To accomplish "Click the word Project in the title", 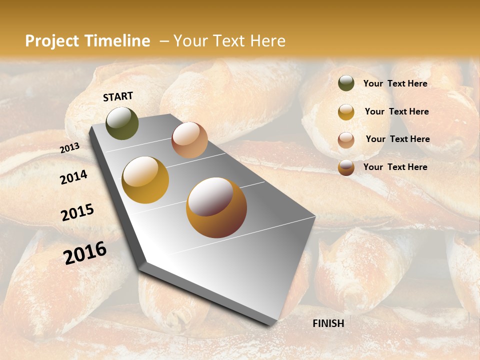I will (52, 41).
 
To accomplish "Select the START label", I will (118, 96).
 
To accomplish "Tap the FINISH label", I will (328, 323).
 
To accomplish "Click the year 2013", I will (69, 148).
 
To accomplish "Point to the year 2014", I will (73, 177).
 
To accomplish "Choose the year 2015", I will (77, 212).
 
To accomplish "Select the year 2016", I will (85, 253).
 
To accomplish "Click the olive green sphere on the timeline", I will (122, 123).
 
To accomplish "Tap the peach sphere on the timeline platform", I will (189, 140).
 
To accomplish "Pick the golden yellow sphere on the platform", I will (145, 180).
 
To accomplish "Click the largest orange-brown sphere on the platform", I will (216, 207).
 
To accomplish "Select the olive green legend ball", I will (346, 83).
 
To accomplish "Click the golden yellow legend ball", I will (346, 112).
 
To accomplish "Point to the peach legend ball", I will (346, 140).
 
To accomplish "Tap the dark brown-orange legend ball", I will (346, 167).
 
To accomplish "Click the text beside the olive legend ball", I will (395, 84).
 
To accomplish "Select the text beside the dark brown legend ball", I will (395, 167).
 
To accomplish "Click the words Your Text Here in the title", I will (229, 41).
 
